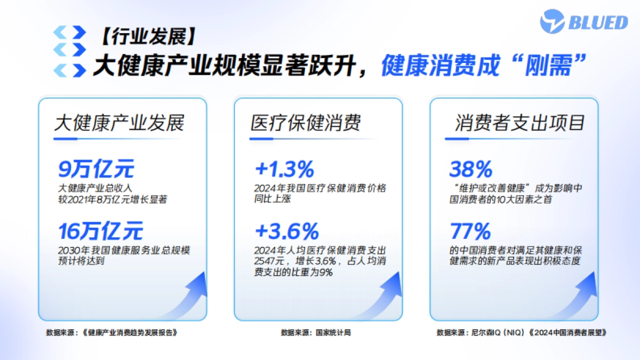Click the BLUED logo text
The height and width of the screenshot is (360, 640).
[x=597, y=22]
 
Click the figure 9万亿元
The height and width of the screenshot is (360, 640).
[x=96, y=170]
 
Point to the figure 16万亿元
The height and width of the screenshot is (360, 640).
[x=101, y=232]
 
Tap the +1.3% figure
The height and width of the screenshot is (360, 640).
[x=284, y=170]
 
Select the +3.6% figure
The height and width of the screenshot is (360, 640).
[x=286, y=232]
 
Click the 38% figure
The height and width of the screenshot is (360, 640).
[x=470, y=170]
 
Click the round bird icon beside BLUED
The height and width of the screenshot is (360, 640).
[x=552, y=22]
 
